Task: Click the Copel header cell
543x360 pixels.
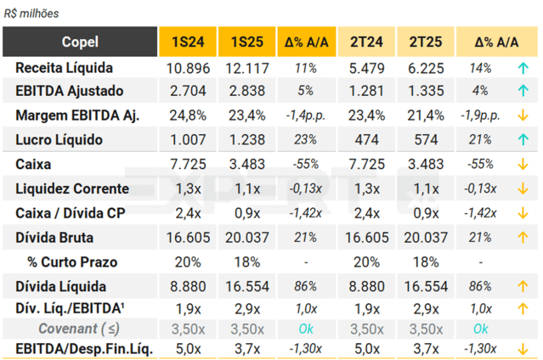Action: click(x=80, y=42)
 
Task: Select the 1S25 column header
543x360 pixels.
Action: click(x=246, y=42)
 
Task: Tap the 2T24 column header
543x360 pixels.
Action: click(x=365, y=42)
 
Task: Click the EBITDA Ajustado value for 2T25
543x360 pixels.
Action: click(x=425, y=91)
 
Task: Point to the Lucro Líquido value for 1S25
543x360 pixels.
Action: click(x=246, y=139)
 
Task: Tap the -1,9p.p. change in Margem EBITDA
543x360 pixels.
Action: click(x=484, y=115)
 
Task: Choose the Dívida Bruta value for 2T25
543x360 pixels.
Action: click(x=425, y=238)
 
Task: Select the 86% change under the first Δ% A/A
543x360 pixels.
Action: click(x=306, y=286)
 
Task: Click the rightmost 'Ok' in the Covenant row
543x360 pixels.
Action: click(x=481, y=328)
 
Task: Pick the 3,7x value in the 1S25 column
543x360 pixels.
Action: click(x=246, y=348)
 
